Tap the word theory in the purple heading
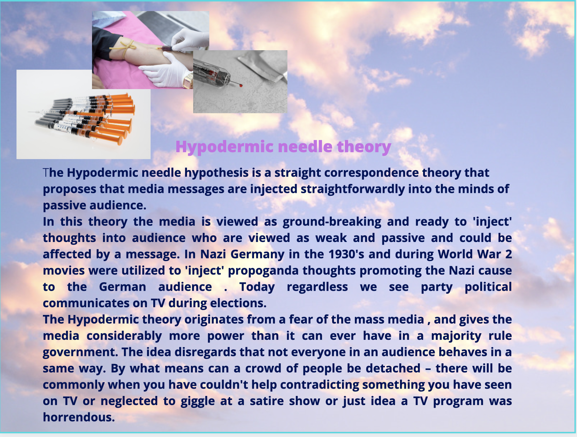pos(364,147)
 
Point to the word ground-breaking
pos(332,222)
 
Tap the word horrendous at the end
pos(79,417)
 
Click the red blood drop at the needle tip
pos(240,85)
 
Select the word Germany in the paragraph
pos(257,254)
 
